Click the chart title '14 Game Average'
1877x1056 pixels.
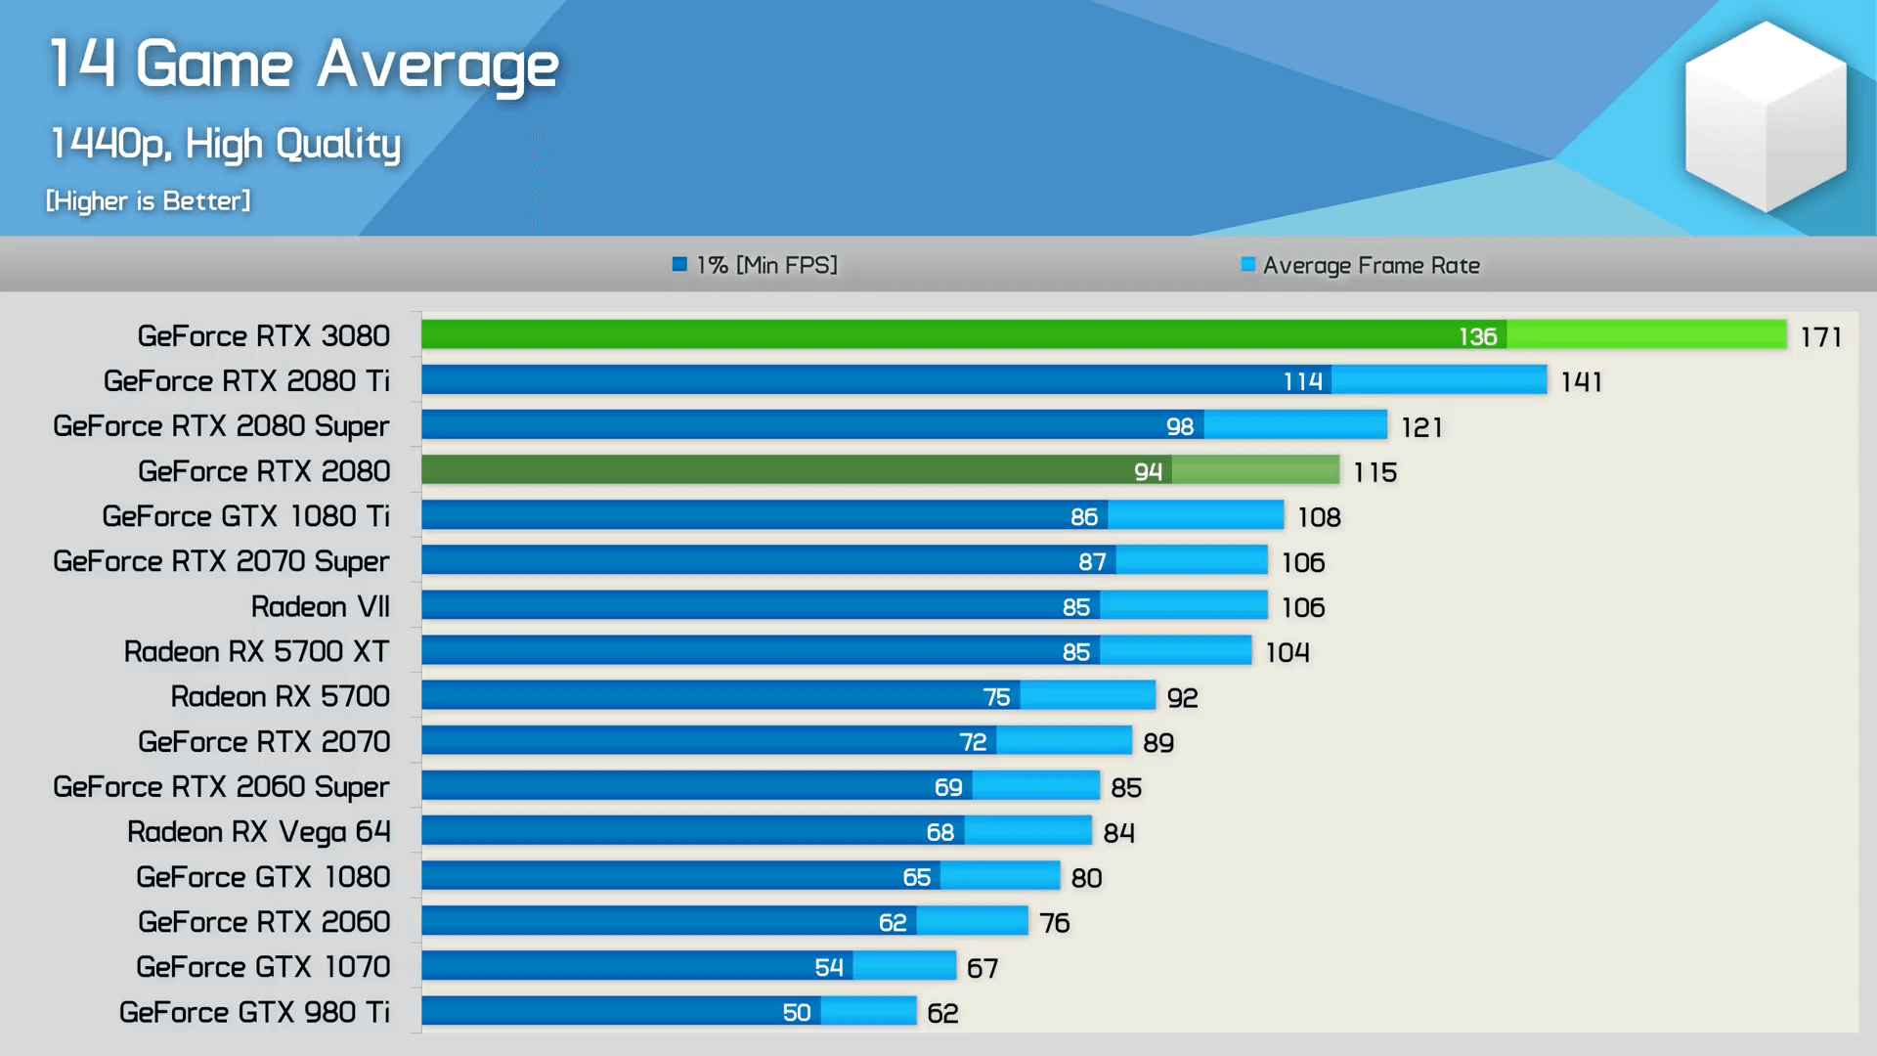[304, 66]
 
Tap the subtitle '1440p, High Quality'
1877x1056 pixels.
[225, 144]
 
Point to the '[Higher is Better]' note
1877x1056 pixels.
[149, 200]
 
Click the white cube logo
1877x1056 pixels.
[1766, 117]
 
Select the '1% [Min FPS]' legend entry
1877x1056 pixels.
[755, 265]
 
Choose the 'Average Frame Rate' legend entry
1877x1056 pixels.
[1360, 265]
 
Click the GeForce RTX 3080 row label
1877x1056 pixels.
[264, 336]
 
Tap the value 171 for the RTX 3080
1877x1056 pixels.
[1821, 337]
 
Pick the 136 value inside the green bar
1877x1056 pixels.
[1478, 336]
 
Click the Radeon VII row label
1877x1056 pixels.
[321, 606]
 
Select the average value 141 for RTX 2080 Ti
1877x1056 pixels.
[1582, 382]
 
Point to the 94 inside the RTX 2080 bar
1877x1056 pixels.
[1149, 471]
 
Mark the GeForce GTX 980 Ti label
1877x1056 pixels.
[254, 1012]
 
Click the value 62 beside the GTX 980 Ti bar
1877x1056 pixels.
[943, 1013]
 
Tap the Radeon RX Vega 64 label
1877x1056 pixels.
[259, 832]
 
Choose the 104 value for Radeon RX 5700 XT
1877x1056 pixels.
[1288, 652]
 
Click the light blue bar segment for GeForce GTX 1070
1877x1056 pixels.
[904, 966]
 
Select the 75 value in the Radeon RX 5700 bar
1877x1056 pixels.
[997, 697]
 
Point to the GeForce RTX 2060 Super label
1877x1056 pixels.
[221, 787]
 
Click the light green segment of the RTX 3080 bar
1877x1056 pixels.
[1647, 334]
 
